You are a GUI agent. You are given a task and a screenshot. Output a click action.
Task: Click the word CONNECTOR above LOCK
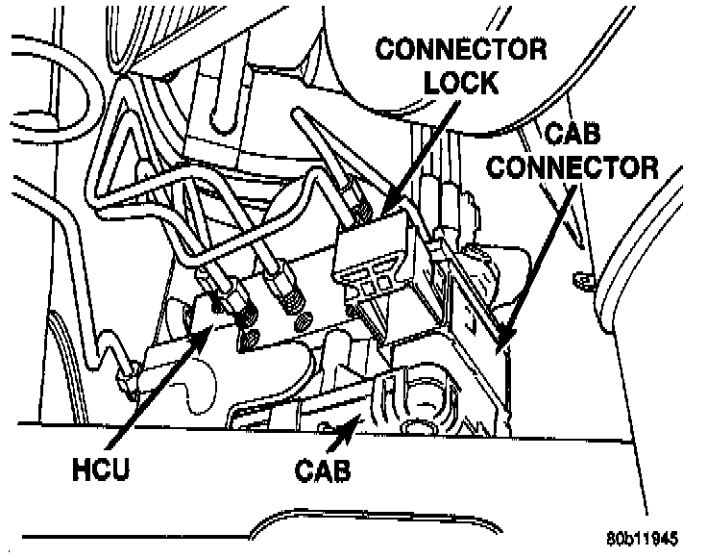[460, 49]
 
